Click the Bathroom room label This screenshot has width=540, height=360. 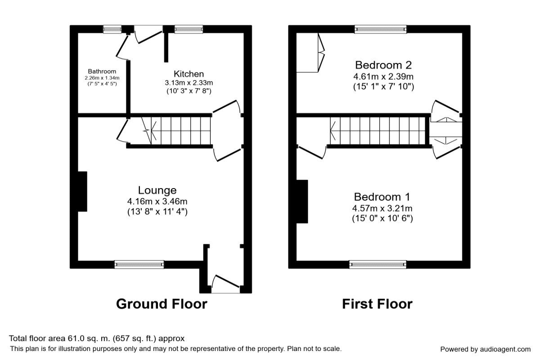pos(102,71)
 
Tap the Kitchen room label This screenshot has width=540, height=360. pos(189,74)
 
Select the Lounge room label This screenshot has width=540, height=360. pos(157,190)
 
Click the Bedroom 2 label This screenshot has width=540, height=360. pos(383,65)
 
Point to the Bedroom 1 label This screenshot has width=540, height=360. pos(382,197)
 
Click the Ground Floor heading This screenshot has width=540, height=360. pos(162,304)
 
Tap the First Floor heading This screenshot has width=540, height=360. pos(377,304)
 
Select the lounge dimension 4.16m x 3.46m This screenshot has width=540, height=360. pos(157,201)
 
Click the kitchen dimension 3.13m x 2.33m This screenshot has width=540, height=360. pos(189,83)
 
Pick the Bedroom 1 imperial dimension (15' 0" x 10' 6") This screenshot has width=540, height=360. pos(382,218)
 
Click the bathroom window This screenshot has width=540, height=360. pos(112,29)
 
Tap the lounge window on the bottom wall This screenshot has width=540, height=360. pos(139,265)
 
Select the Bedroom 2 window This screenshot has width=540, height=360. pos(381,29)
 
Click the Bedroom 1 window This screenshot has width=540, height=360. pos(378,265)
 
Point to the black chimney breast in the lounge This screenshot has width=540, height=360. pos(82,191)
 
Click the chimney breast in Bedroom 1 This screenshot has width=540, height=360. pos(301,201)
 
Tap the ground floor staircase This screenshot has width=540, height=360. pos(180,130)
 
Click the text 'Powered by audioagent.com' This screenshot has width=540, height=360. pos(485,349)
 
